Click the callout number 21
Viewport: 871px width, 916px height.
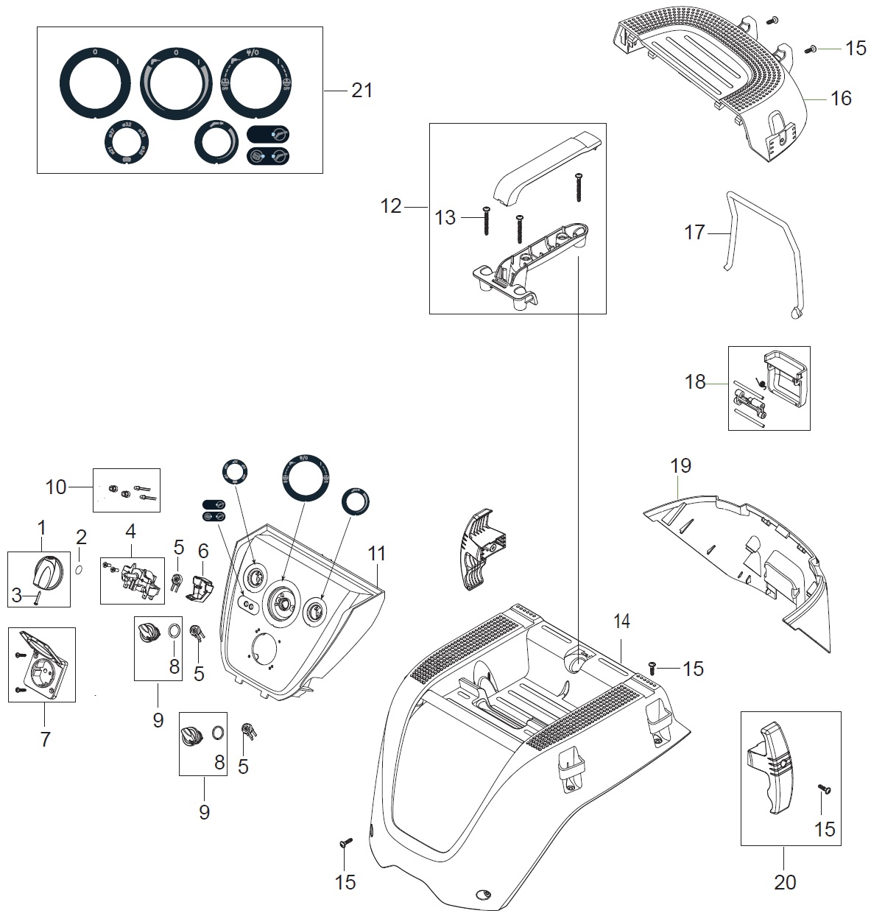(x=362, y=91)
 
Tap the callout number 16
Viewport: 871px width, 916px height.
(x=840, y=98)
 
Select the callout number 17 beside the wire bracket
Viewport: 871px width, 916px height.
(x=694, y=233)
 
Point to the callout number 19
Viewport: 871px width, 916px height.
(x=680, y=465)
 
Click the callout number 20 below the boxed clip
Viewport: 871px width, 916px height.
(x=785, y=881)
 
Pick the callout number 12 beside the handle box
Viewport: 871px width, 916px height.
(x=391, y=206)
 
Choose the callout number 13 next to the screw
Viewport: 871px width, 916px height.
(x=446, y=218)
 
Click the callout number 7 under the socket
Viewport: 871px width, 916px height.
(x=45, y=739)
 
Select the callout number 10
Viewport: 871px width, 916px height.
(x=56, y=487)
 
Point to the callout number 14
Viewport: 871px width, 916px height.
(x=621, y=621)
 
